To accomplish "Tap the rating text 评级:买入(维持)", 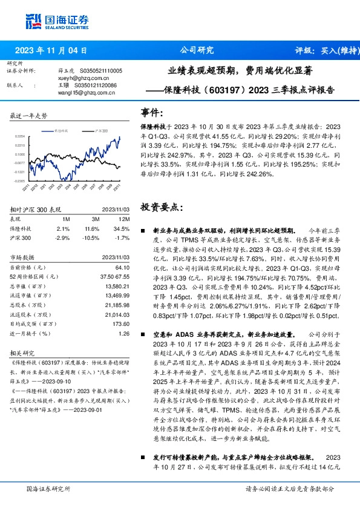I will coord(320,51).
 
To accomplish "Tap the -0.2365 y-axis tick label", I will coord(20,180).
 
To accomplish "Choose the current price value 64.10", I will coord(123,267).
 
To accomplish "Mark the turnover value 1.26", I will coord(125,333).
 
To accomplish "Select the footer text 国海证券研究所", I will coord(49,488).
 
